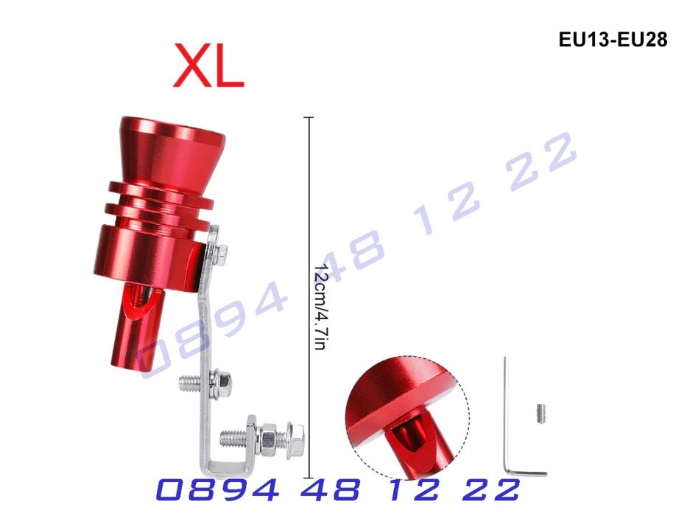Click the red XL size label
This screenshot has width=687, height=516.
[208, 66]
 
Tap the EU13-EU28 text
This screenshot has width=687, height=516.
[613, 40]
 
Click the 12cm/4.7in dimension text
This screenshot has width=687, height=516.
[321, 307]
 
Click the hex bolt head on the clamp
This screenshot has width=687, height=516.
[296, 441]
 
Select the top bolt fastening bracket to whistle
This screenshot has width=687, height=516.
[221, 253]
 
